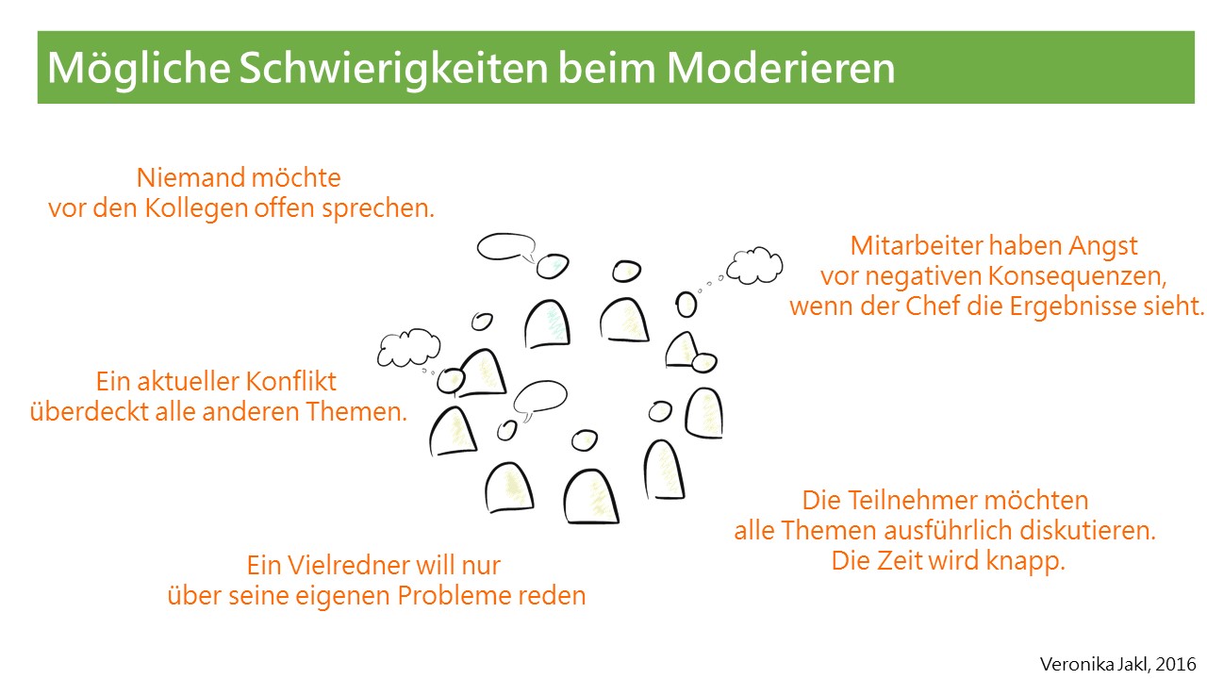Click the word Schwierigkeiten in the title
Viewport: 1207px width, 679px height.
pos(394,69)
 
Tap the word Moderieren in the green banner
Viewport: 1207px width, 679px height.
pos(781,68)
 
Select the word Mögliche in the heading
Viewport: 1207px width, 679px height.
pos(139,69)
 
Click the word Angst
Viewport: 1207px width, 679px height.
pos(1103,247)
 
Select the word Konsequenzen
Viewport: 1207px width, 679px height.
pos(1078,276)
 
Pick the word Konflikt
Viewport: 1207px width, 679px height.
pos(291,382)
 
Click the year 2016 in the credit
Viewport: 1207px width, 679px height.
pos(1176,664)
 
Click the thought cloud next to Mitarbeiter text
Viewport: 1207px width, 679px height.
pos(754,266)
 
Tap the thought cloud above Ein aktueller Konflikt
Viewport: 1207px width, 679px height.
pos(408,348)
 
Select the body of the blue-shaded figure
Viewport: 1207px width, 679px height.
pos(548,324)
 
